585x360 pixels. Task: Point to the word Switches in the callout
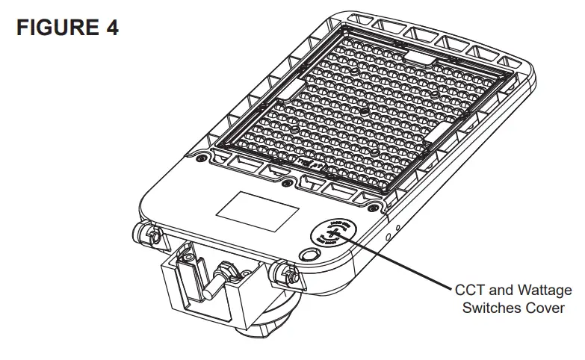click(x=492, y=308)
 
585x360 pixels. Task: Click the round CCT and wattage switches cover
click(x=334, y=234)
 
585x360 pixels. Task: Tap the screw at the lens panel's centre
click(x=363, y=111)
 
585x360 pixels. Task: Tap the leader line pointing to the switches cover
click(x=396, y=261)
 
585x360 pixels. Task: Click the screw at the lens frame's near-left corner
click(x=200, y=158)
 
